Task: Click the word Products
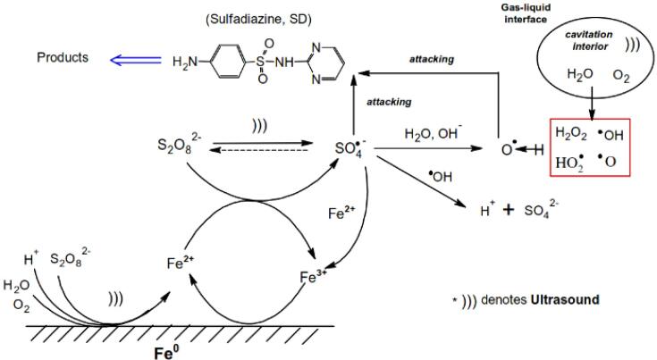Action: pyautogui.click(x=62, y=58)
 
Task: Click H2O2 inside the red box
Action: pyautogui.click(x=573, y=133)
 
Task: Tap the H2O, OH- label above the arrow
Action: pyautogui.click(x=431, y=135)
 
